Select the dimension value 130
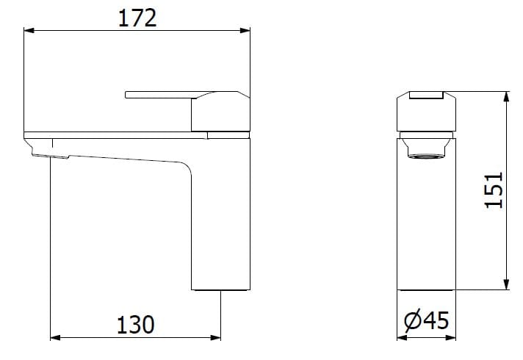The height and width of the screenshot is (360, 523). point(135,324)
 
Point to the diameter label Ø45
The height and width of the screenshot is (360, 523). point(427,321)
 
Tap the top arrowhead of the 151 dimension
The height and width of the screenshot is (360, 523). point(505,96)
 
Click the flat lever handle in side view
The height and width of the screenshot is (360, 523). point(158,94)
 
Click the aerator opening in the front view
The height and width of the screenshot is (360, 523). point(427,156)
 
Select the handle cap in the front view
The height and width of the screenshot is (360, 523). point(427,110)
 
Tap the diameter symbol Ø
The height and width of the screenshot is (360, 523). point(413,321)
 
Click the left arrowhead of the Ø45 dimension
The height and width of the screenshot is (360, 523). point(401,339)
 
